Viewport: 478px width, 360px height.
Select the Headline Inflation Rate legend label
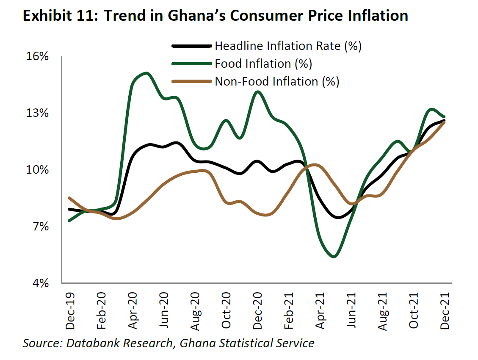[x=288, y=46]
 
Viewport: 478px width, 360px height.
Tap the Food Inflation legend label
[x=263, y=64]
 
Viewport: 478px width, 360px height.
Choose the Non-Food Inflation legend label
[x=277, y=81]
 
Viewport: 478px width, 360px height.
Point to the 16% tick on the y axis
[x=39, y=56]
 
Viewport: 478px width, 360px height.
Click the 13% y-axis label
[x=39, y=113]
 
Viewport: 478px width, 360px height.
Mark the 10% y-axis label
[x=39, y=170]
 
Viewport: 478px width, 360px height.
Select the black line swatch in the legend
[x=191, y=46]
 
